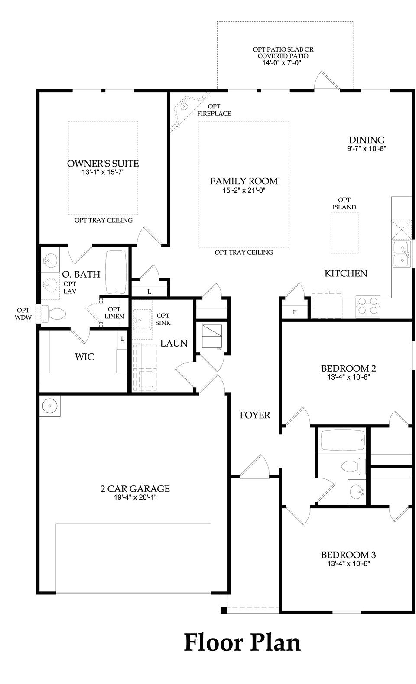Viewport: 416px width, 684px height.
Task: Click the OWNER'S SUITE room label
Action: coord(103,164)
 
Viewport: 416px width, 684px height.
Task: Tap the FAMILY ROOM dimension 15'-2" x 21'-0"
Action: coord(244,190)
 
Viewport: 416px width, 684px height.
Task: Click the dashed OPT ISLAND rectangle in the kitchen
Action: coord(344,232)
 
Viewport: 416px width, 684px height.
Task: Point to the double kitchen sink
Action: coord(402,255)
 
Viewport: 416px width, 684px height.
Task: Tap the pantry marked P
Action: coord(295,311)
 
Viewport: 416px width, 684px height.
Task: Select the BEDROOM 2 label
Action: coord(348,368)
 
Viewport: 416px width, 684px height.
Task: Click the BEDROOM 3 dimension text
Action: coord(348,564)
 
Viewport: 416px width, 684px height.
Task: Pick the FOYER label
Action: coord(255,415)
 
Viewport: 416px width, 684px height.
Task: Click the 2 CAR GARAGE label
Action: coord(135,489)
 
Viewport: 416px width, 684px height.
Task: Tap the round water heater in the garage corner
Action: coord(50,406)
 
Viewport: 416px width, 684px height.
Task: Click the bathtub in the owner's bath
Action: coord(116,272)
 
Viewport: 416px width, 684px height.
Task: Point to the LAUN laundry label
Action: coord(174,344)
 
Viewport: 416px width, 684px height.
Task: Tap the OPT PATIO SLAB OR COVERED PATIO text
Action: coord(283,53)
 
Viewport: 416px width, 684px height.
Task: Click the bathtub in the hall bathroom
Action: coord(341,441)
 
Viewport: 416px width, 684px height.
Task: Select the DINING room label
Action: coord(367,140)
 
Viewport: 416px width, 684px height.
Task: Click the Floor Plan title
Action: coord(242,642)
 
